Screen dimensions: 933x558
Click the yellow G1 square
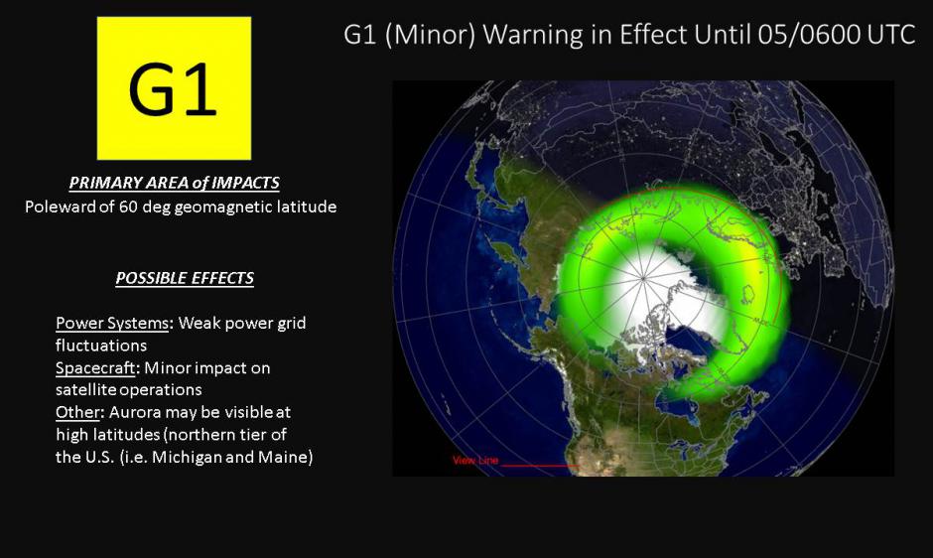174,88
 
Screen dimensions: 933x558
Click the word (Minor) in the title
430,35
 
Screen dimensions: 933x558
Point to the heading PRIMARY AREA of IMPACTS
175,183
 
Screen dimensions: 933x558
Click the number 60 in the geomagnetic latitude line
128,207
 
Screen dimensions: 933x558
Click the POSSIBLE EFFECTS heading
185,278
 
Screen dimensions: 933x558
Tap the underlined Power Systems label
112,323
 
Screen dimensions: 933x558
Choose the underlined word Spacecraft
95,368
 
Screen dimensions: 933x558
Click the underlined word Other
77,412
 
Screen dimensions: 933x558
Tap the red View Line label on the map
474,461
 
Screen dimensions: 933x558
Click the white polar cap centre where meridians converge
644,278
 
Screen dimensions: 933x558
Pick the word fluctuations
101,346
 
